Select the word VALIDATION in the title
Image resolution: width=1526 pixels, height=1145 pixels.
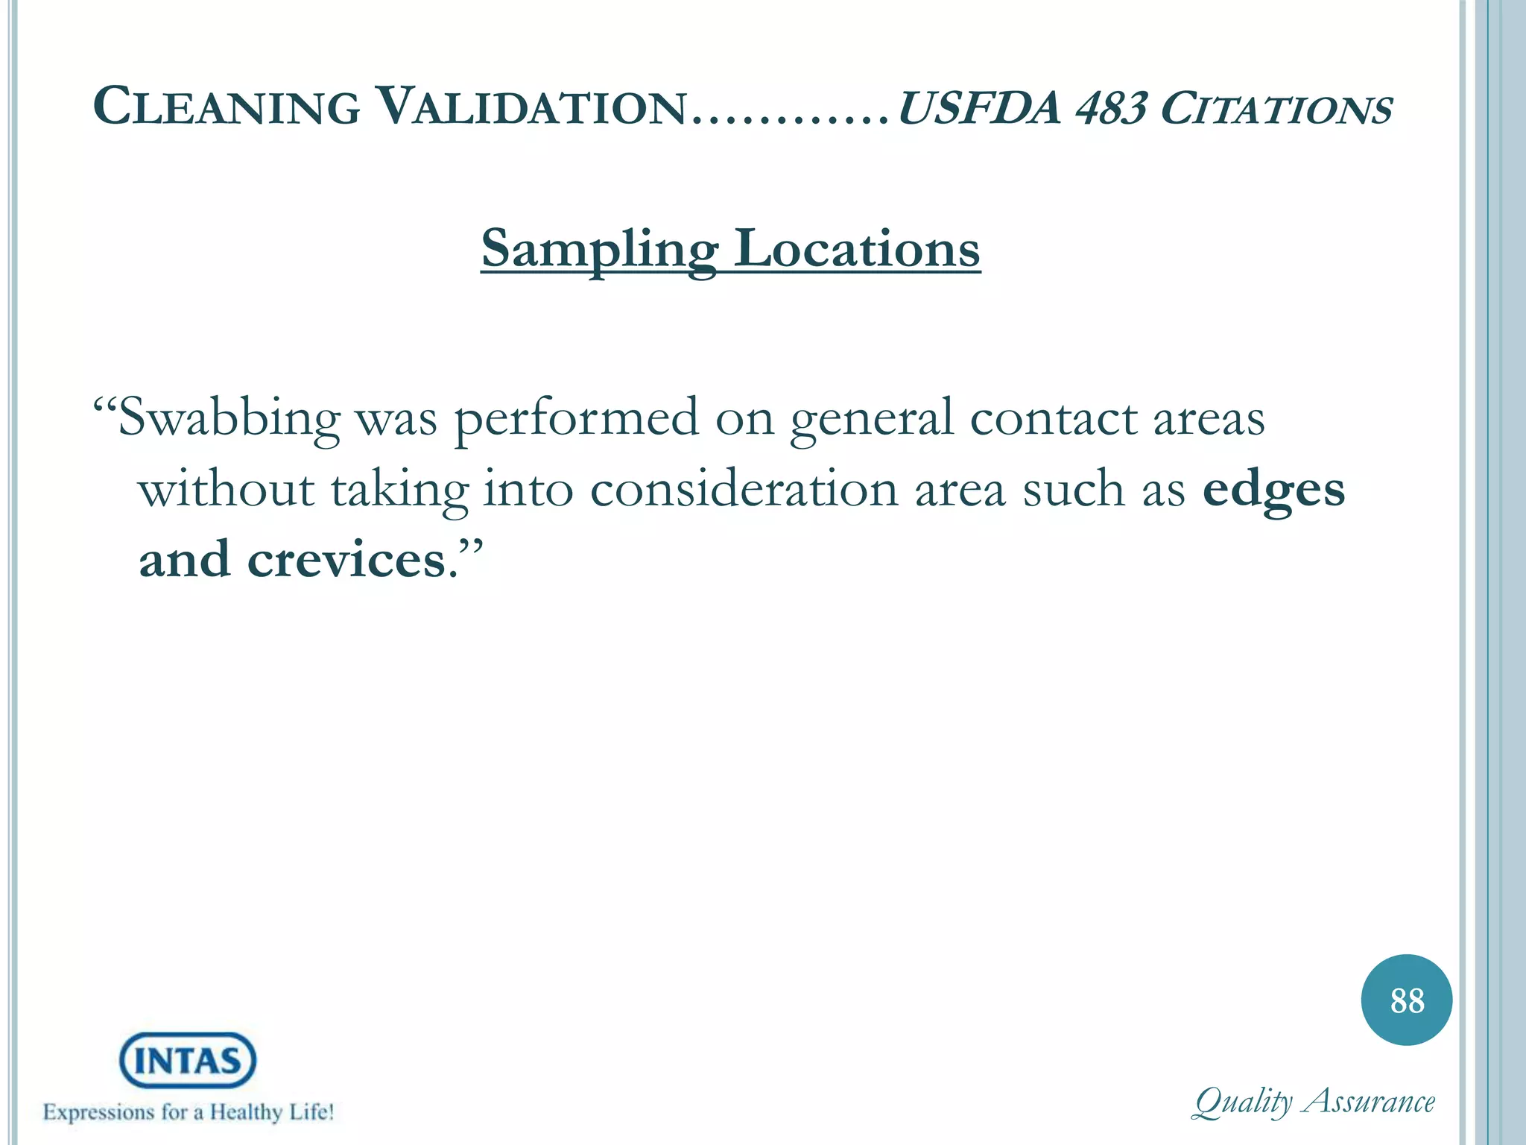point(531,107)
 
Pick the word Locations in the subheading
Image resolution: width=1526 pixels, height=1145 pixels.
point(857,249)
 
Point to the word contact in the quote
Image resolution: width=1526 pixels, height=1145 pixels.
point(1053,418)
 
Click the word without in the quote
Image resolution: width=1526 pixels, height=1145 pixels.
point(227,490)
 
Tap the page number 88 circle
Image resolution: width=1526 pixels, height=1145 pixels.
point(1406,1000)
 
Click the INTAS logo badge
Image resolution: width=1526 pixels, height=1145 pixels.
point(188,1060)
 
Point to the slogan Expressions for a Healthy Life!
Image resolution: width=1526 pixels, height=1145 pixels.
point(189,1112)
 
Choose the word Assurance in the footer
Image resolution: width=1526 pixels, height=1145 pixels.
point(1370,1101)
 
